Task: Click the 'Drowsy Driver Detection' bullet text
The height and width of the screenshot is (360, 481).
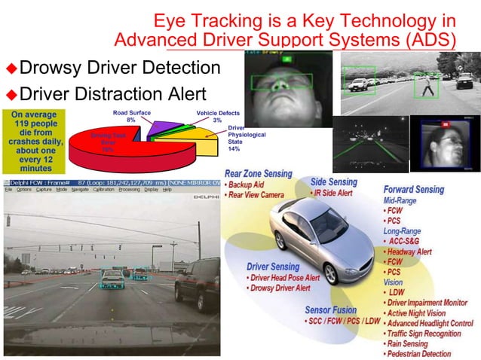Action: tap(119, 69)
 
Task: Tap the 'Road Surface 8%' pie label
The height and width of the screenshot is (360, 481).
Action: tap(131, 116)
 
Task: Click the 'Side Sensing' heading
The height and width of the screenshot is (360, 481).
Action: tap(334, 182)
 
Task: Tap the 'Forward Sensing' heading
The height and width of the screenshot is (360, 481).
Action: tap(414, 189)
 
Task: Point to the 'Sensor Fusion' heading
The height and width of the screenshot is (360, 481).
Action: tap(332, 310)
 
